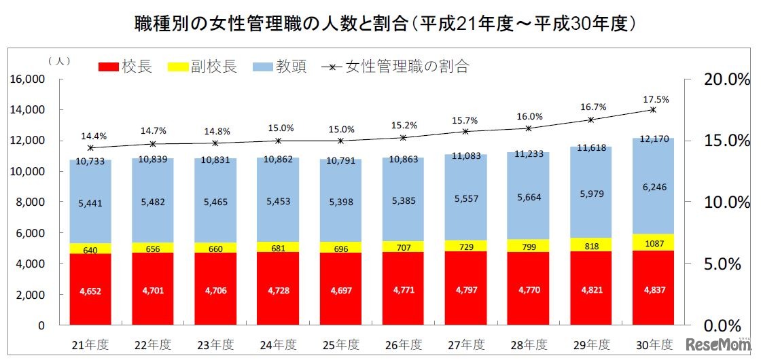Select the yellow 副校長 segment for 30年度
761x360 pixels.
(x=652, y=242)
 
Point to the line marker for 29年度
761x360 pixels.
(x=590, y=120)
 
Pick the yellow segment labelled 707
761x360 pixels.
(x=403, y=246)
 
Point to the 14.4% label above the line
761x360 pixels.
(x=90, y=135)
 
